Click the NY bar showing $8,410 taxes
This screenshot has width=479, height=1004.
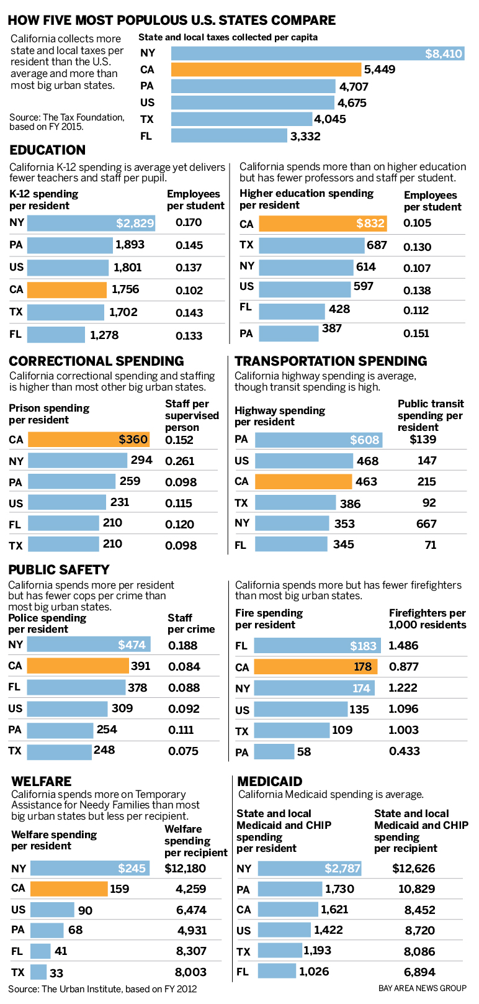(x=318, y=53)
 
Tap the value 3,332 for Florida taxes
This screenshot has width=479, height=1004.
(x=305, y=136)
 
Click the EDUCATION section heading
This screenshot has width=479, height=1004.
(x=47, y=150)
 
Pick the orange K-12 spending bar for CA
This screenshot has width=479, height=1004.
(x=66, y=289)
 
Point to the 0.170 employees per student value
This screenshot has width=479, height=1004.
(x=189, y=222)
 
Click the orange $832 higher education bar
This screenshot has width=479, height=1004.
(x=323, y=224)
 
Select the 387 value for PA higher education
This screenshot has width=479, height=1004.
(x=332, y=328)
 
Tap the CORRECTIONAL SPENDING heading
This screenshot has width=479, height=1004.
(x=96, y=361)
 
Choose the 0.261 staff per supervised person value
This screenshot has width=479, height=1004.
(x=179, y=461)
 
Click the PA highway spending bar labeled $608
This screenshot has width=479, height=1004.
(x=318, y=440)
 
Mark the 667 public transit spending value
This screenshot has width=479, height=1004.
(x=426, y=523)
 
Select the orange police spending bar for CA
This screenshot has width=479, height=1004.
(x=78, y=666)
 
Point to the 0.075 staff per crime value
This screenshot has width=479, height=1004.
(x=183, y=751)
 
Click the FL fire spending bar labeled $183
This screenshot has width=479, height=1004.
(x=316, y=646)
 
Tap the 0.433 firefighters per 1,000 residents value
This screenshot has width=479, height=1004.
(x=404, y=751)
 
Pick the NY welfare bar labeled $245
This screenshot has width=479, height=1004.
(x=89, y=868)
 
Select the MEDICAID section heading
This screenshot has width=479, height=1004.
(x=269, y=782)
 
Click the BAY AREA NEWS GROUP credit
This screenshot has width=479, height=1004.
(x=422, y=988)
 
